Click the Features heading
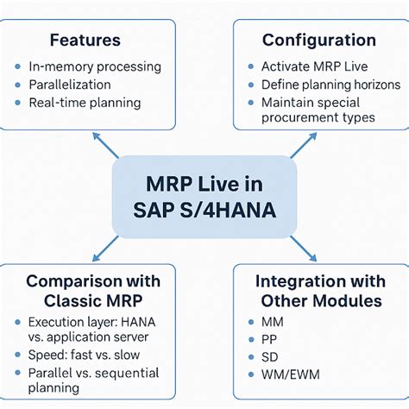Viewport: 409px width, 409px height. coord(85,40)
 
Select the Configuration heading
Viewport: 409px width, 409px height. coord(319,40)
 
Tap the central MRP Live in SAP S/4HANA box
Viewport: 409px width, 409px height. coord(204,197)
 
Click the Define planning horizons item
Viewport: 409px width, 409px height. coord(331,85)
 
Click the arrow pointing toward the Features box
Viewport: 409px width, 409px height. coord(105,143)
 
